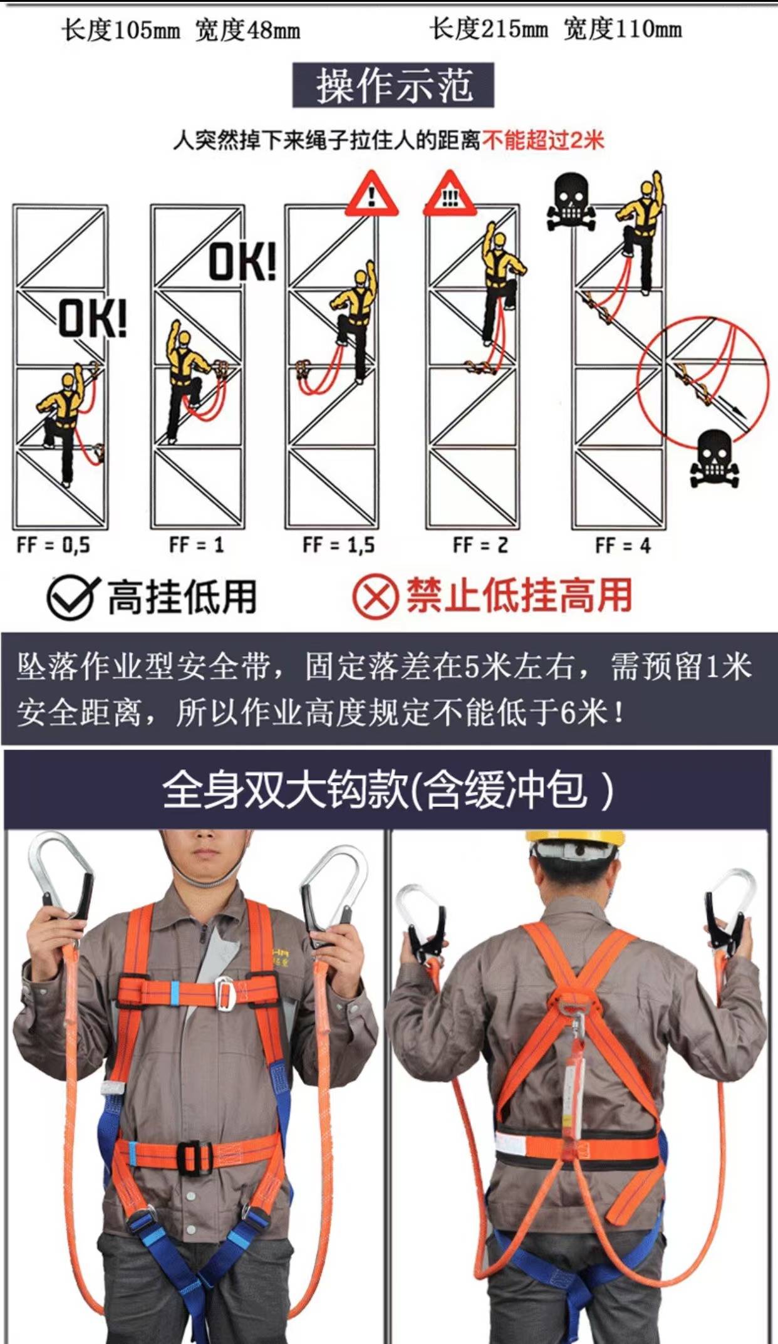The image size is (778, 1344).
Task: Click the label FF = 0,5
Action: coord(54,545)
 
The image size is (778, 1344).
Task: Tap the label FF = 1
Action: coord(197,545)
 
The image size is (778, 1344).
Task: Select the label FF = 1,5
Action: coord(339,545)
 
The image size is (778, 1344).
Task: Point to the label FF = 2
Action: coord(480,545)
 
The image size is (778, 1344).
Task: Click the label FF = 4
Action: coord(623,545)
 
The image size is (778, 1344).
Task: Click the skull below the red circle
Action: coord(714,458)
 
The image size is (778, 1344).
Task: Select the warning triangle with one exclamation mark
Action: coord(372,195)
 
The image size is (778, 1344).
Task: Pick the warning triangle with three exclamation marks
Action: coord(450,195)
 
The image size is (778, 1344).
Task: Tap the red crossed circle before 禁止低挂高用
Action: coord(375,597)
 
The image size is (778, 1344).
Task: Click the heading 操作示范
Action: coord(393,86)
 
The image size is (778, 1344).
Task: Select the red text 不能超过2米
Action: coord(542,140)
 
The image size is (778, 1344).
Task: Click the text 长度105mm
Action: coord(120,29)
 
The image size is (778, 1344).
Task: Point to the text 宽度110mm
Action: coord(622,29)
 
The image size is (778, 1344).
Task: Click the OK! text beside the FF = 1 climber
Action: coord(243,261)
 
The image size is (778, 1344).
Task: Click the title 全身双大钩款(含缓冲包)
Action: coord(388,791)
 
